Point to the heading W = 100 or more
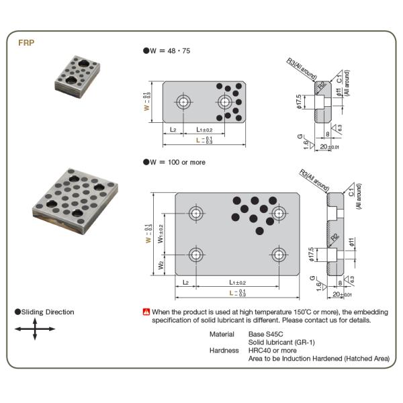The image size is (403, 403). pos(174,162)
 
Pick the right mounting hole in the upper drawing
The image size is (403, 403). pos(224,102)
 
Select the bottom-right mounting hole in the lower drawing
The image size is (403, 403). pos(279,255)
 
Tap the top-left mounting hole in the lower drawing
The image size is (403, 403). pos(195,214)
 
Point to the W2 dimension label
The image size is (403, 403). pos(161,265)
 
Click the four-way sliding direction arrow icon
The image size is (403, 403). pos(35,329)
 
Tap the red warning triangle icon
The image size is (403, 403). pos(146,312)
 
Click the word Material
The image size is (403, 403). pos(222,334)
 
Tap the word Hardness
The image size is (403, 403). pos(223,350)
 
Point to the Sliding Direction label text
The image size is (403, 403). pos(47,312)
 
